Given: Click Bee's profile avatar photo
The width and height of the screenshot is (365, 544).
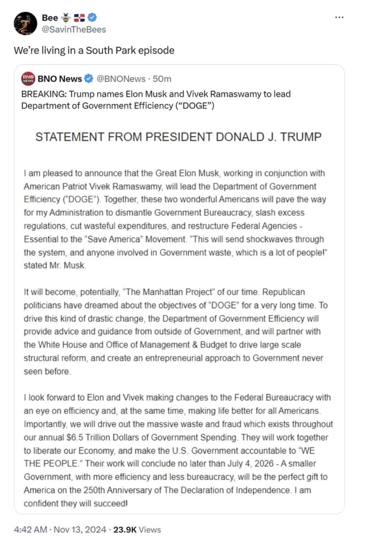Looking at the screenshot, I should [x=25, y=23].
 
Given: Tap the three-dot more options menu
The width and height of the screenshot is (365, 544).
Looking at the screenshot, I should [x=339, y=17].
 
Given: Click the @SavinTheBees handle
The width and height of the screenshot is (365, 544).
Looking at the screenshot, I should [x=74, y=30].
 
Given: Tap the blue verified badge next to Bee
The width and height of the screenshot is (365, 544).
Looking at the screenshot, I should [x=92, y=17].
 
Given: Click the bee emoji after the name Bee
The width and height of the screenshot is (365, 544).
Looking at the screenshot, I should [x=66, y=17].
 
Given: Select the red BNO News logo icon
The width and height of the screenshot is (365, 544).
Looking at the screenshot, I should [x=28, y=79].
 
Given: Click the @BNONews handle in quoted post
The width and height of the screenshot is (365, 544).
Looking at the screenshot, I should [x=121, y=79].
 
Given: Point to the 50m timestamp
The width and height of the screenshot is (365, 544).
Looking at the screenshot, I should [x=162, y=79].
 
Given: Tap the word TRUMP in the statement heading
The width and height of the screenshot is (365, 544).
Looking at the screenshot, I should [x=301, y=137].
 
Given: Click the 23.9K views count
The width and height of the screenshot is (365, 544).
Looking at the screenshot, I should [x=125, y=530].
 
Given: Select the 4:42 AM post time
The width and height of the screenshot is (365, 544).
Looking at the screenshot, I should [x=31, y=530].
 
